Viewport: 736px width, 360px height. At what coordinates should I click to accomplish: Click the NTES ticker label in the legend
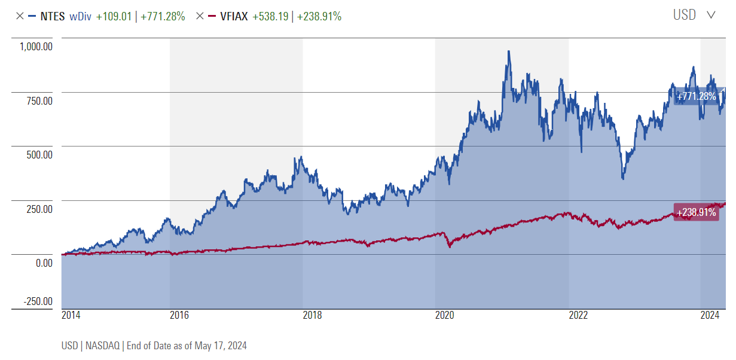(52, 17)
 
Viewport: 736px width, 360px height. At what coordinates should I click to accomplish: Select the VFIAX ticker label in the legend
(234, 17)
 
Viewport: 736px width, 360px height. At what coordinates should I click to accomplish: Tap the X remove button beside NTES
(20, 17)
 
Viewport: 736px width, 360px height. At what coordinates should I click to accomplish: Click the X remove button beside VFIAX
(200, 17)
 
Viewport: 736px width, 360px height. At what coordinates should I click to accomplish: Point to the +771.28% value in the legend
(163, 17)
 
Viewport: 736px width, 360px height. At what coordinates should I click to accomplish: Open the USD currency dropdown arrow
(711, 16)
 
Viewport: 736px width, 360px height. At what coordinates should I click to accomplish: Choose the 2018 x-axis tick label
(311, 315)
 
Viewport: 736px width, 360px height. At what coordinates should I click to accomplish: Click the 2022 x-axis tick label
(578, 315)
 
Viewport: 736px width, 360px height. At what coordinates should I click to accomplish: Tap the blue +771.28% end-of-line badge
(695, 96)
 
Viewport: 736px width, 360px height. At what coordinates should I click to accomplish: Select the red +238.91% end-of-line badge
(696, 212)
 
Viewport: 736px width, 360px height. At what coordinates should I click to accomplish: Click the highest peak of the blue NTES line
(509, 51)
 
